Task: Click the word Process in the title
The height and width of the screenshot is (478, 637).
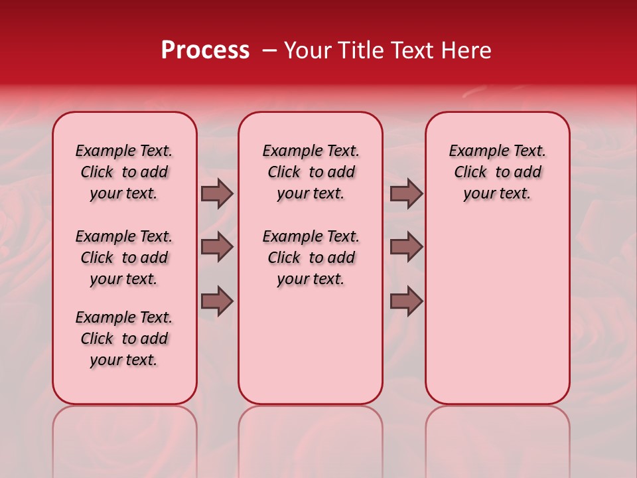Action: click(205, 50)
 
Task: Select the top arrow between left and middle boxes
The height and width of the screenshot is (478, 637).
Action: click(217, 194)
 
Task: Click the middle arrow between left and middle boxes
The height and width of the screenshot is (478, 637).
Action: click(217, 247)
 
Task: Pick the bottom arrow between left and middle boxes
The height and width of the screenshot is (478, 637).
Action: click(217, 301)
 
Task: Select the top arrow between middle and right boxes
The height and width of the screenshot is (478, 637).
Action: click(406, 194)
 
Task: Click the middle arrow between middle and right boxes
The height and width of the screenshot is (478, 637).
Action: click(406, 247)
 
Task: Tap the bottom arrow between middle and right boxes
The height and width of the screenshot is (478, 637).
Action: click(406, 301)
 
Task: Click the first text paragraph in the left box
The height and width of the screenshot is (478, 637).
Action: click(124, 172)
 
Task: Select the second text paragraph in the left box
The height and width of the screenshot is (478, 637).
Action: click(124, 258)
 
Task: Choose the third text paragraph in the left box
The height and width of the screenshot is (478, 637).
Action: click(124, 339)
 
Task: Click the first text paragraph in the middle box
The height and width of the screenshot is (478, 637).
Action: click(311, 172)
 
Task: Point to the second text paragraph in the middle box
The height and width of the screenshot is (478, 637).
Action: click(311, 258)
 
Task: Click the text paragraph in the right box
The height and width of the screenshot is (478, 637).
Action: click(497, 172)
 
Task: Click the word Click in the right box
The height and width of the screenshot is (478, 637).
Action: click(470, 173)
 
